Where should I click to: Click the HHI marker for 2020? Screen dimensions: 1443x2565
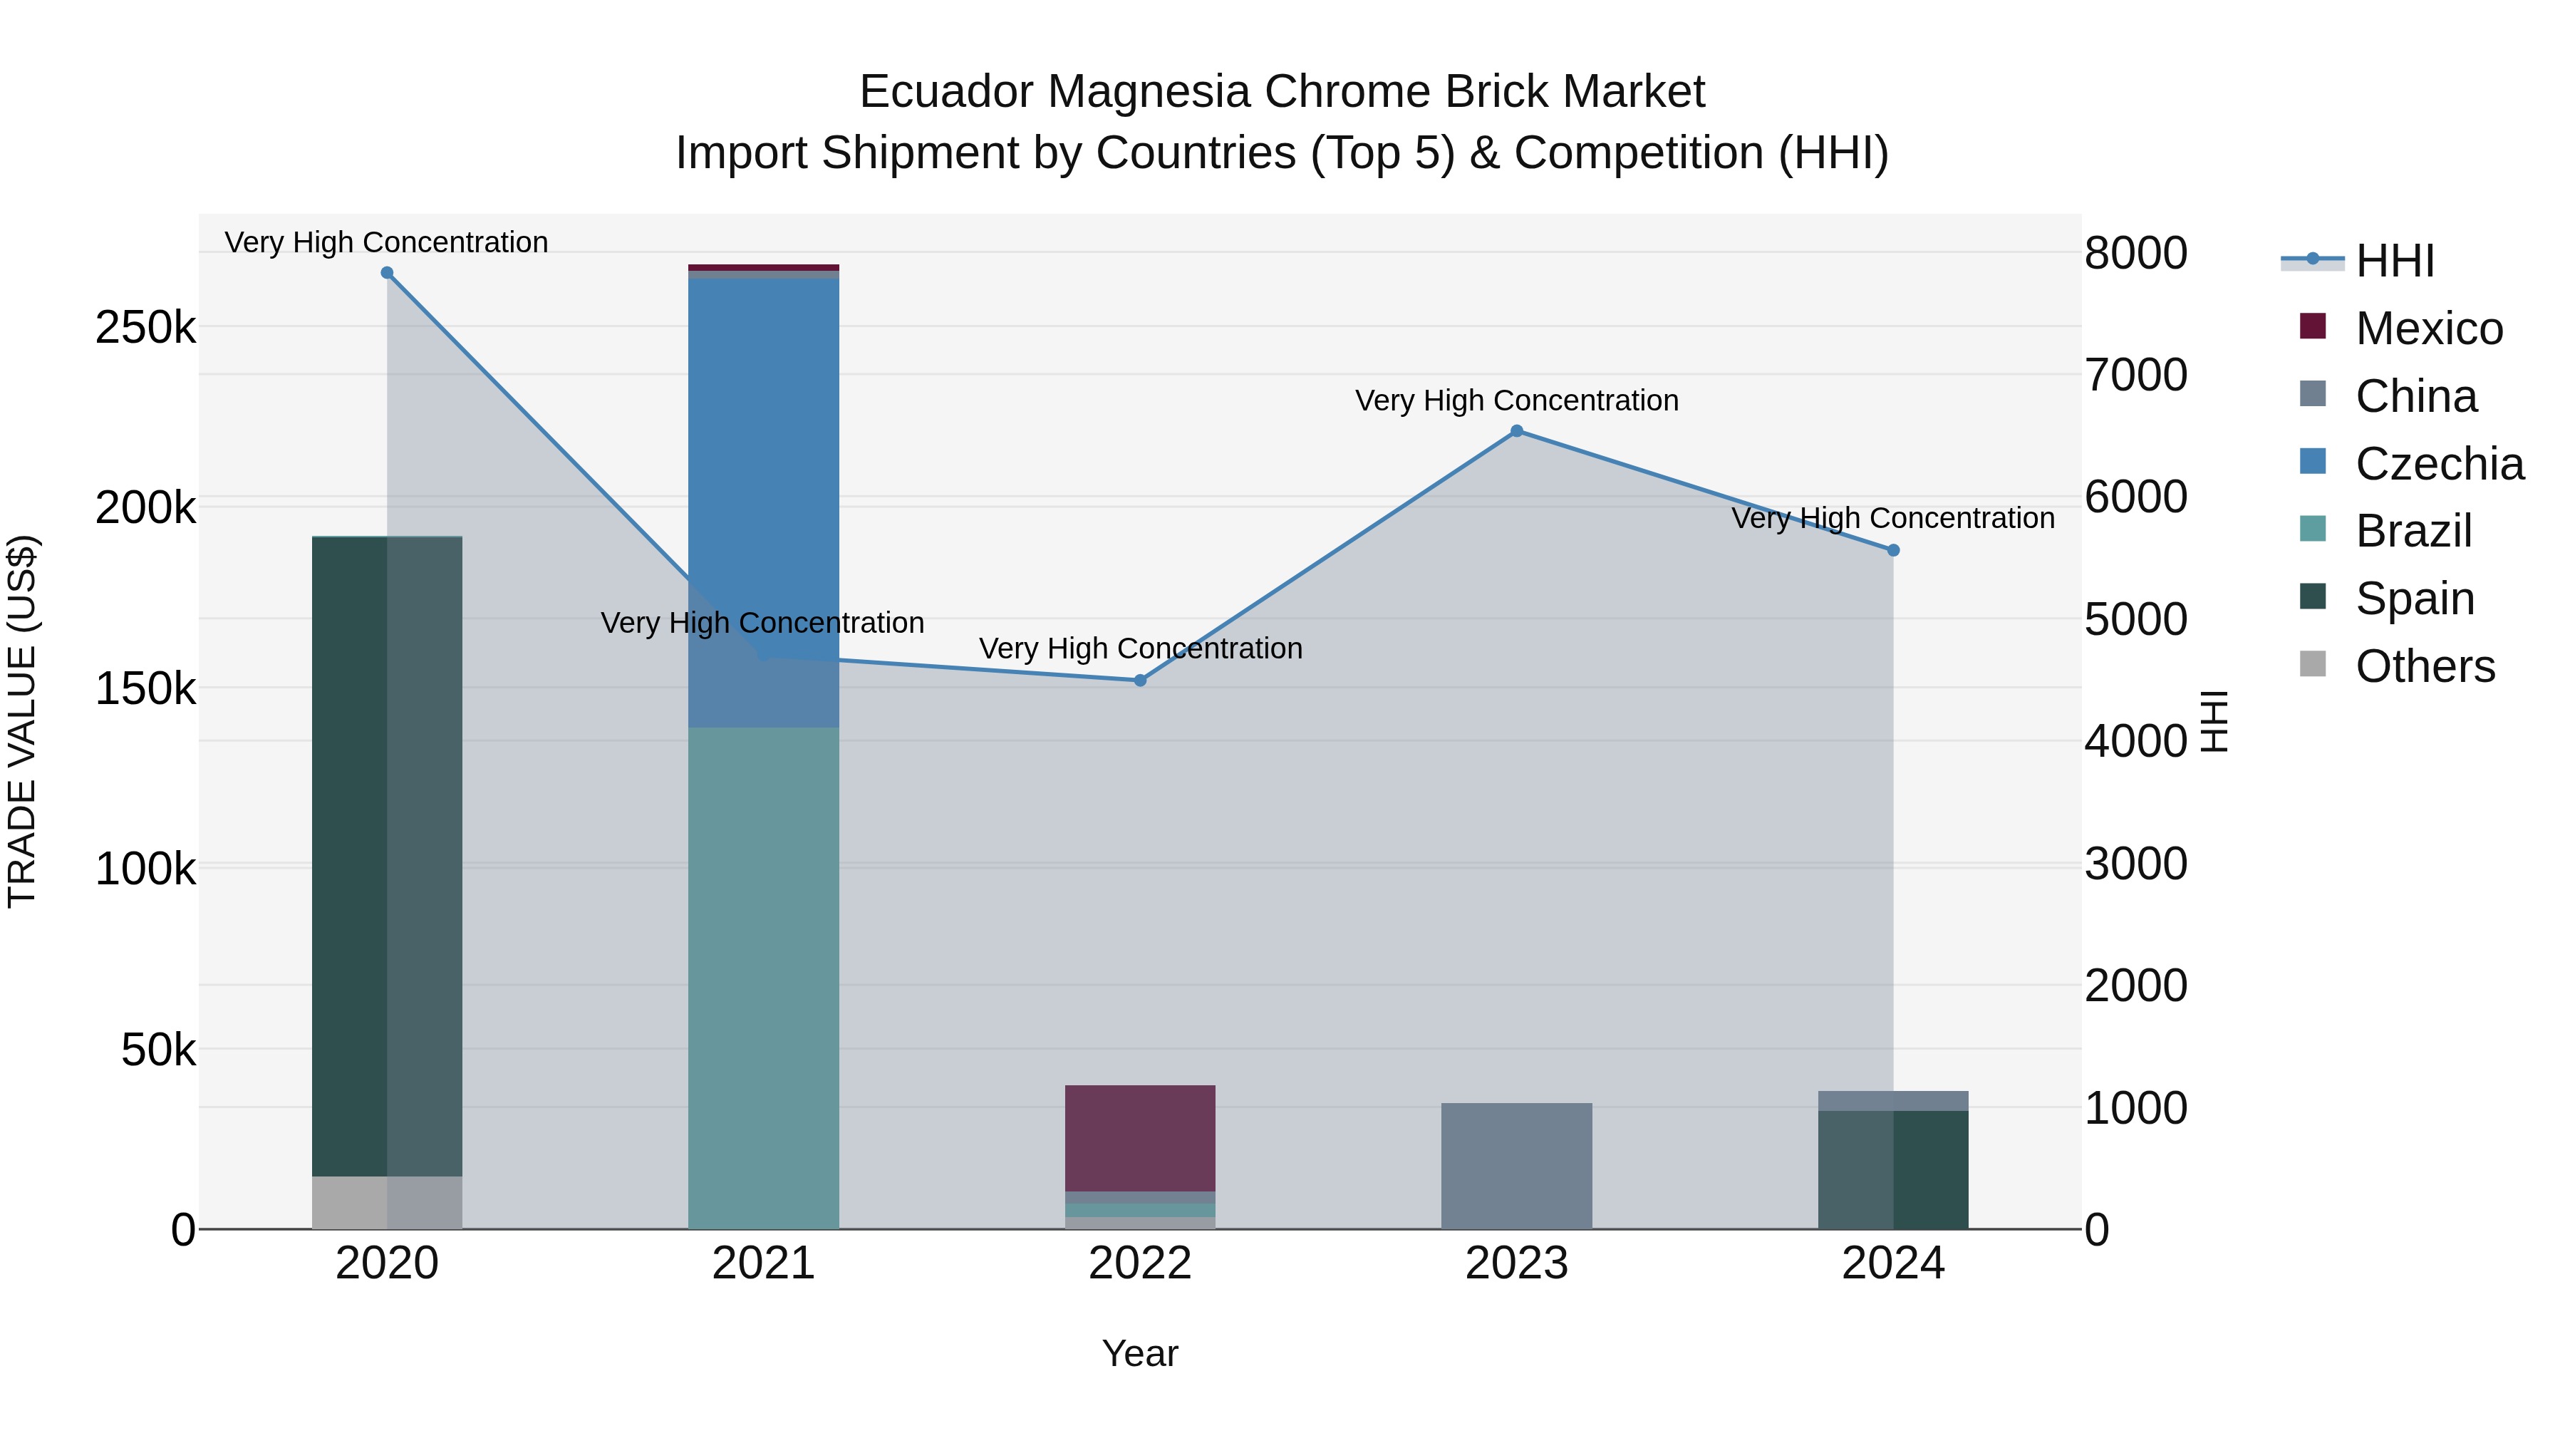[x=388, y=273]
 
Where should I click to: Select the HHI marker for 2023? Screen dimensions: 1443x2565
[x=1516, y=431]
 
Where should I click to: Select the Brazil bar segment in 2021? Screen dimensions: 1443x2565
[x=764, y=976]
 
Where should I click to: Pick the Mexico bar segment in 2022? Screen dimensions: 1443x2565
[x=1140, y=1137]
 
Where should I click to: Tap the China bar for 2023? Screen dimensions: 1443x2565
[x=1516, y=1165]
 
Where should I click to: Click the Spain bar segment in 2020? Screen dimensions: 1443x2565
[x=388, y=857]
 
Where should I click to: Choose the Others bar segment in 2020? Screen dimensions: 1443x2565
[x=388, y=1202]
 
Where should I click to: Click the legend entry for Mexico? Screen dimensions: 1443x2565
[x=2429, y=329]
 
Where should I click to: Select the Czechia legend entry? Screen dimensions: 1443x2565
[x=2439, y=464]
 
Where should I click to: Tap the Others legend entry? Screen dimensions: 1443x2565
[x=2425, y=666]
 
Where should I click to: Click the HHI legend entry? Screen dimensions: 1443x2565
[x=2395, y=261]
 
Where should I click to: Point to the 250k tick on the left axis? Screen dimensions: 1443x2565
[x=145, y=328]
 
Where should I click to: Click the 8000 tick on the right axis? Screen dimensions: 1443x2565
[x=2136, y=253]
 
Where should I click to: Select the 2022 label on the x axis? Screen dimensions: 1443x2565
[x=1140, y=1263]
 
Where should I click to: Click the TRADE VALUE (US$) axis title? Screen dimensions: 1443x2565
[x=23, y=721]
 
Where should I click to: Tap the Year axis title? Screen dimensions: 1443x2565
[x=1140, y=1353]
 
